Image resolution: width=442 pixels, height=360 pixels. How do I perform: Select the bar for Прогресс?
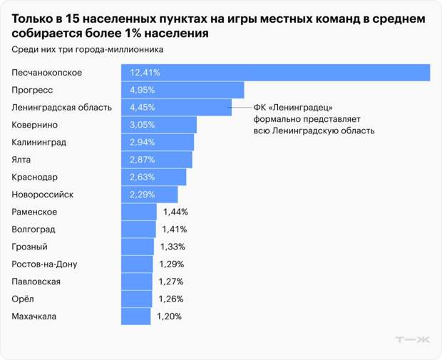(x=183, y=90)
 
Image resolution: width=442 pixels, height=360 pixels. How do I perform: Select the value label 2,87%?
(x=142, y=160)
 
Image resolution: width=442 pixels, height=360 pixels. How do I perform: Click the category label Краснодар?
(x=35, y=177)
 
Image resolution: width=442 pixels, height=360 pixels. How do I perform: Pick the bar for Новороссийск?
(x=150, y=195)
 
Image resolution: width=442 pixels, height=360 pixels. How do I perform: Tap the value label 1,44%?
(x=175, y=212)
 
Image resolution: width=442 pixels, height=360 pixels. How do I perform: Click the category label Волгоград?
(x=34, y=230)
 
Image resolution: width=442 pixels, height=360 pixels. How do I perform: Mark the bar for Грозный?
(x=138, y=247)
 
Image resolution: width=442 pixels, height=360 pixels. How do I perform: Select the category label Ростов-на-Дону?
(x=45, y=264)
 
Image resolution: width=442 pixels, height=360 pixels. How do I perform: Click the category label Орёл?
(x=23, y=299)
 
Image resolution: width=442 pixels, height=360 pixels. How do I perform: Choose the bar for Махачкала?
(x=136, y=317)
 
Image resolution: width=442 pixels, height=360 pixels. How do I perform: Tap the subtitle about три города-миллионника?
(x=87, y=50)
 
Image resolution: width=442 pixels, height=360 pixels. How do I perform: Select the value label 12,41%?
(x=145, y=73)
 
